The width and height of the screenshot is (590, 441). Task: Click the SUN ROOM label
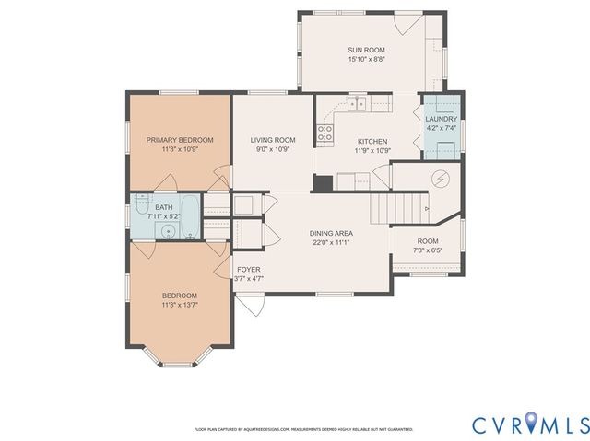point(366,50)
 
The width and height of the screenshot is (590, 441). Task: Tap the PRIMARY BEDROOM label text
point(180,140)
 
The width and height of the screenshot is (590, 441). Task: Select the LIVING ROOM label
point(272,140)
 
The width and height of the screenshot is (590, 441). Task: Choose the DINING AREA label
point(331,233)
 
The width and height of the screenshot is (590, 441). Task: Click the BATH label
point(164,208)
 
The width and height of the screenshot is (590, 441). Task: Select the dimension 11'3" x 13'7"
point(180,304)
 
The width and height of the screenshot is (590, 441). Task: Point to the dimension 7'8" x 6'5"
point(427,250)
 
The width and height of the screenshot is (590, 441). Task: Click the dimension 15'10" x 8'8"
point(366,59)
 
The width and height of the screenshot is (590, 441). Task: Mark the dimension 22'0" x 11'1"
point(331,242)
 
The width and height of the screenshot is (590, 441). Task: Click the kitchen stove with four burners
point(324,133)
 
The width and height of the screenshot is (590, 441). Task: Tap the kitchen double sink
point(359,103)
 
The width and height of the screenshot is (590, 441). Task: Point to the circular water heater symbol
point(440,178)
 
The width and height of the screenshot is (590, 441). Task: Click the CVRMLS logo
point(530,424)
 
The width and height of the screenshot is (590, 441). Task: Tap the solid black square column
point(323,182)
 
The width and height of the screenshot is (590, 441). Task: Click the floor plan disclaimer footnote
point(303,429)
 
